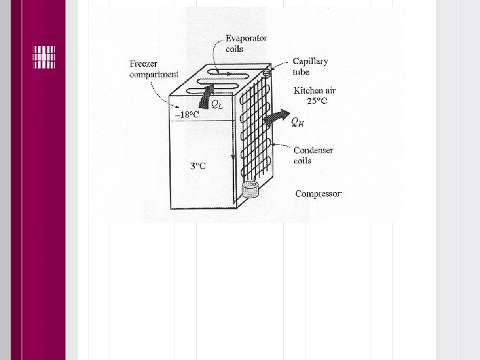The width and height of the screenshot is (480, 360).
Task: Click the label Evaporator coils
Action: pyautogui.click(x=246, y=43)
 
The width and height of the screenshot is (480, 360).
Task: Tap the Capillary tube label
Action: pyautogui.click(x=310, y=66)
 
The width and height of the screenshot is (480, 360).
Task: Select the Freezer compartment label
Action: pyautogui.click(x=154, y=69)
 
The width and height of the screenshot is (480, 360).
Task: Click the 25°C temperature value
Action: pyautogui.click(x=317, y=101)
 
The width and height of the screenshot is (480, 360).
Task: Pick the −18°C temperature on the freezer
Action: pyautogui.click(x=187, y=115)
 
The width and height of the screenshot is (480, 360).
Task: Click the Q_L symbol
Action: pyautogui.click(x=217, y=103)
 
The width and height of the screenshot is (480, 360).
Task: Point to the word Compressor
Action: pyautogui.click(x=319, y=194)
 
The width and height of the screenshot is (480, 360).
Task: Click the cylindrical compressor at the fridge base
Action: pyautogui.click(x=251, y=190)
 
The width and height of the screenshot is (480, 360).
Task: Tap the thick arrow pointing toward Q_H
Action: pyautogui.click(x=274, y=119)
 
